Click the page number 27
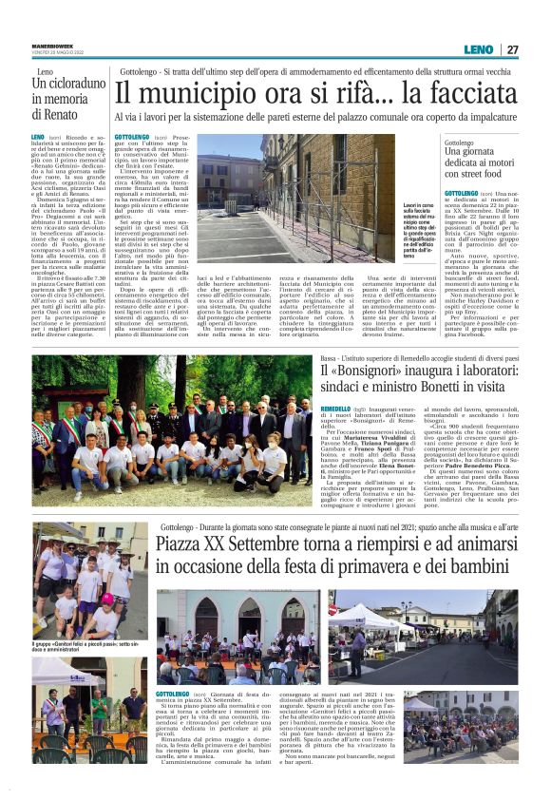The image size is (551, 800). point(513,49)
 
